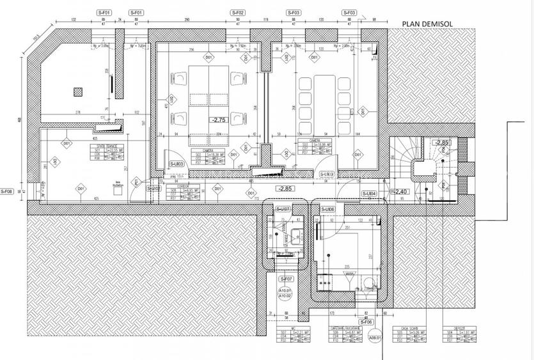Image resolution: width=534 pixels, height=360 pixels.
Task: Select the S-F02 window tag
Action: [237, 13]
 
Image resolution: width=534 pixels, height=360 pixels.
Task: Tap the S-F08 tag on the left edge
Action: [6, 191]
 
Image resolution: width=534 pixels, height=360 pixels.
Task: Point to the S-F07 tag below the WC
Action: [285, 279]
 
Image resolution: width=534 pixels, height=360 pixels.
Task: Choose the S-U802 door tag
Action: [153, 189]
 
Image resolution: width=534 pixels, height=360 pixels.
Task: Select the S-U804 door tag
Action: [369, 194]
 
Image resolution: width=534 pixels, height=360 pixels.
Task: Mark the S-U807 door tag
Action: [283, 210]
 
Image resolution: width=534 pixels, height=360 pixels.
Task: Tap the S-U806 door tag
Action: [327, 210]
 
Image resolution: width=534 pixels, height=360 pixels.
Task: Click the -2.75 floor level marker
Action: [219, 120]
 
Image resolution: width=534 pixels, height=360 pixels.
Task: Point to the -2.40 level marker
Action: [400, 191]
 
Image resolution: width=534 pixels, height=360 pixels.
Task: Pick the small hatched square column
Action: [79, 90]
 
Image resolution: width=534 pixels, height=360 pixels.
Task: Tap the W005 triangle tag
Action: [350, 276]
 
